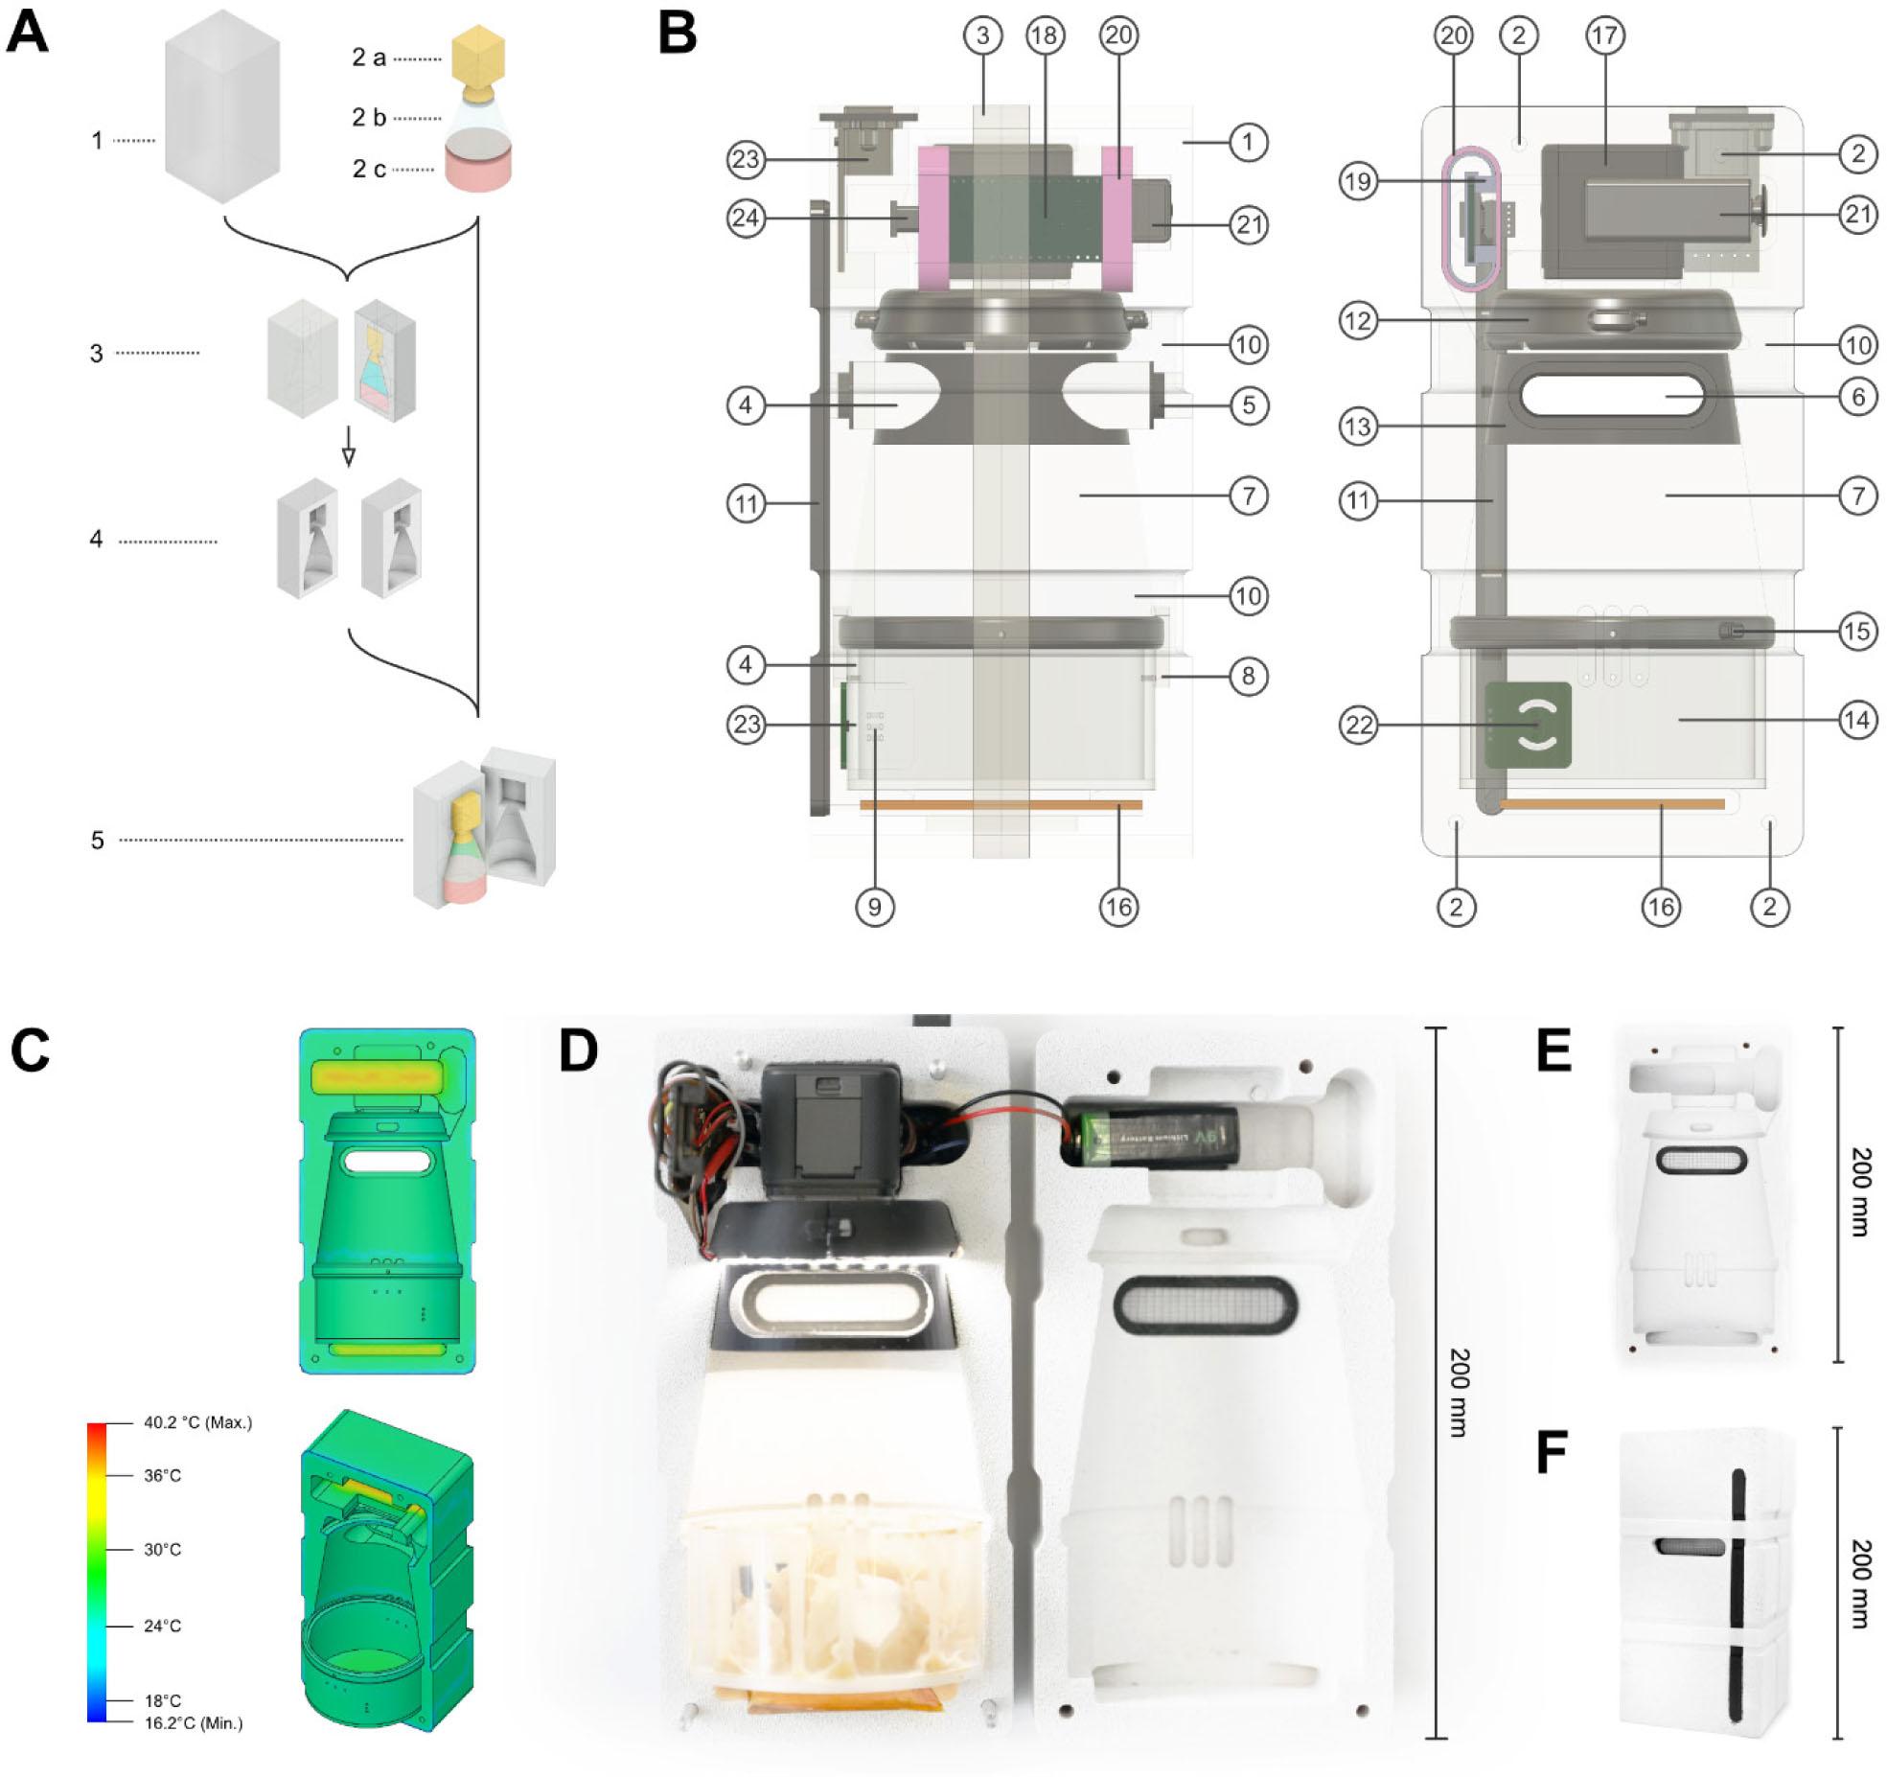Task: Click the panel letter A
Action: pos(27,34)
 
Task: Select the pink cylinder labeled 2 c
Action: pos(477,169)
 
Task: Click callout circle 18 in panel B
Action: pos(1044,35)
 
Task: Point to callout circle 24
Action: pos(747,218)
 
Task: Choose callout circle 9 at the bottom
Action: pos(874,907)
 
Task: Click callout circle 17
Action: pos(1604,35)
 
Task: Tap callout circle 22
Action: pos(1359,725)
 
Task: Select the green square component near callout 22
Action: pos(1528,726)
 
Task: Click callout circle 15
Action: pos(1857,631)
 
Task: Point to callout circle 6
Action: pos(1857,396)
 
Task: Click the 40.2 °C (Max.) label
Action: pos(197,1423)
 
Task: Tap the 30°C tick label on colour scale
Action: pos(162,1549)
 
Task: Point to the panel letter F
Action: pos(1551,1452)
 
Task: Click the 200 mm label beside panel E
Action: pos(1859,1192)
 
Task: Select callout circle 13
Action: pos(1359,427)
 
